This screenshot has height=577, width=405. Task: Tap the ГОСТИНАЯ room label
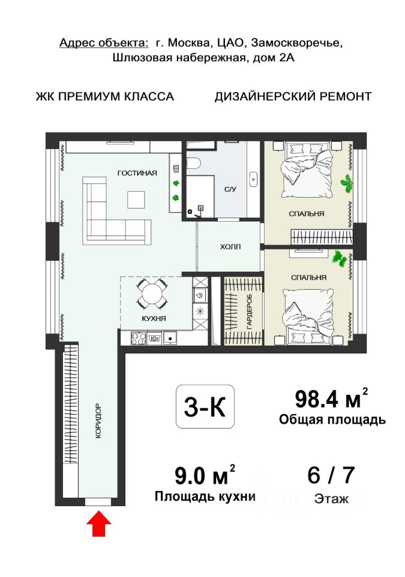click(x=137, y=173)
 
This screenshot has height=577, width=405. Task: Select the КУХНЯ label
click(x=154, y=319)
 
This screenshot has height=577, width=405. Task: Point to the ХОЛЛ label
click(x=230, y=246)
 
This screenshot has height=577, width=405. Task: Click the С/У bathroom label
click(x=230, y=189)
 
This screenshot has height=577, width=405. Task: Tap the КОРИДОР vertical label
click(x=98, y=421)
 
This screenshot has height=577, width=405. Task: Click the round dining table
click(x=152, y=293)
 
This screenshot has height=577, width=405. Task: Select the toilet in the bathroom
click(x=193, y=163)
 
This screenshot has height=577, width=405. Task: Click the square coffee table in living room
click(x=136, y=200)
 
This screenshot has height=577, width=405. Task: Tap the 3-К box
click(x=205, y=407)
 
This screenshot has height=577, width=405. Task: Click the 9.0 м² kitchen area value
click(x=205, y=475)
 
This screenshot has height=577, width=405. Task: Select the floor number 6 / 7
click(x=331, y=475)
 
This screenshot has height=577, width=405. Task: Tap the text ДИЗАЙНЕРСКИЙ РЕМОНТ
click(x=293, y=96)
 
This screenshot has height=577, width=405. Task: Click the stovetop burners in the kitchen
click(x=139, y=338)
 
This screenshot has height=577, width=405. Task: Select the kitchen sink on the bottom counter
click(x=169, y=338)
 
